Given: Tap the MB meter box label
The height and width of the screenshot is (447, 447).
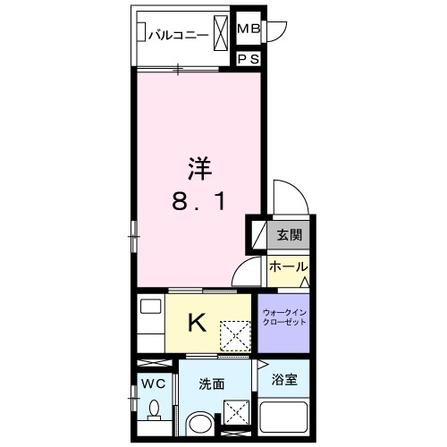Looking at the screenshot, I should click(x=249, y=30).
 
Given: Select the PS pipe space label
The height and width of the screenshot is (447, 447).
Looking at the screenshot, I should click(x=249, y=60).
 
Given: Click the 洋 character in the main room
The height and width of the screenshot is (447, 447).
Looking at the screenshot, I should click(x=198, y=167).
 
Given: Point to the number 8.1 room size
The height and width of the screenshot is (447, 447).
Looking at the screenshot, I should click(x=198, y=203).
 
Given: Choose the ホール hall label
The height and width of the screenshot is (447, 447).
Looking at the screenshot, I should click(x=288, y=267).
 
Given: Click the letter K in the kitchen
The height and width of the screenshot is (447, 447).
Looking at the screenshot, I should click(x=198, y=323).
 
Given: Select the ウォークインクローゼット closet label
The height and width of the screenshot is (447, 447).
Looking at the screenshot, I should click(x=284, y=318).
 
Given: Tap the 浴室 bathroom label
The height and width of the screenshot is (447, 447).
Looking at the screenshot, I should click(x=284, y=379).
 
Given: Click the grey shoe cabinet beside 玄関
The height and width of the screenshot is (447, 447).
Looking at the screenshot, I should click(x=257, y=235).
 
